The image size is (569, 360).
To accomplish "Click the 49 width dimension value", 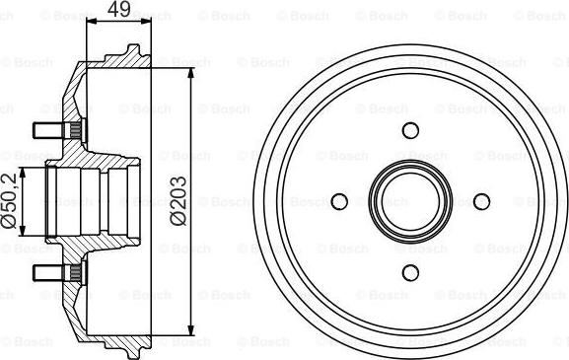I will [118, 11].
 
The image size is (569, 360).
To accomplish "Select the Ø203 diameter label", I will [178, 200].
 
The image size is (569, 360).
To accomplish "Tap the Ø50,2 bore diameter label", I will [10, 200].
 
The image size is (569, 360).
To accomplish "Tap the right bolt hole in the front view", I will [481, 201].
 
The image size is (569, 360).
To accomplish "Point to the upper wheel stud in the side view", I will [47, 130].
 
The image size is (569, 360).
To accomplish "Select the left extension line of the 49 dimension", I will [88, 39].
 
